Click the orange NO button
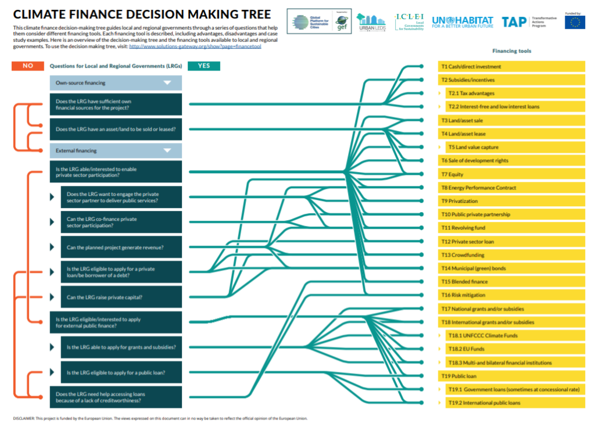27,66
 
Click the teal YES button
204,66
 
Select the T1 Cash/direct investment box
511,67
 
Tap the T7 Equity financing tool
511,174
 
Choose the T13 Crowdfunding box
511,255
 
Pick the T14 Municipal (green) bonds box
511,268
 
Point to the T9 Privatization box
511,201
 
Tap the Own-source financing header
116,83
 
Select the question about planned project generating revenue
121,247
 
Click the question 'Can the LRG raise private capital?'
121,297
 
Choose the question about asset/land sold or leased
116,129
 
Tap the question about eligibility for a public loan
121,372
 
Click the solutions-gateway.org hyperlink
195,46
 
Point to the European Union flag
575,23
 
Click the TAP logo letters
514,22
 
